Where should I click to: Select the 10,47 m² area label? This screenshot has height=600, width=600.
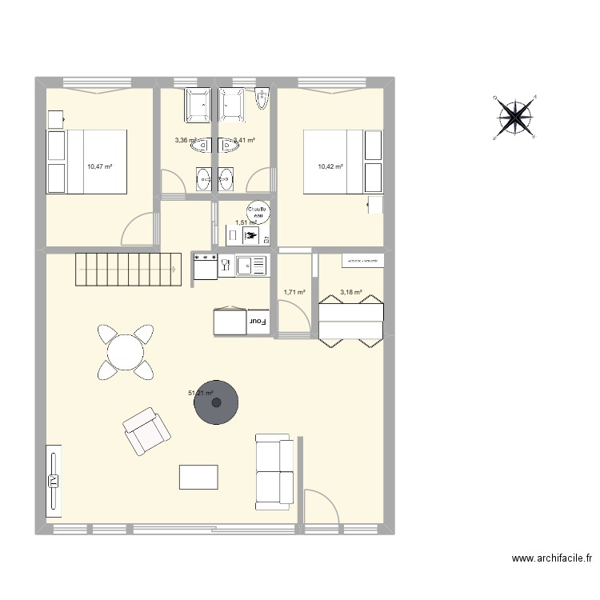(99, 166)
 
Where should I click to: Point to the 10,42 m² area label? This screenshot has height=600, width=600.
(330, 166)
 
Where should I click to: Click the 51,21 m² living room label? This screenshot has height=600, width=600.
(200, 393)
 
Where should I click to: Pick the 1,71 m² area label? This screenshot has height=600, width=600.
(294, 293)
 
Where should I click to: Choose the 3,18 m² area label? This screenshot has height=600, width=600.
(350, 293)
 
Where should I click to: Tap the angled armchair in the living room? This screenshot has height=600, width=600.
(147, 431)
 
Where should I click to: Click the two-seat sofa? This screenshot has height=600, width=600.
(274, 472)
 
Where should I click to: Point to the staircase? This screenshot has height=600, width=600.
(128, 269)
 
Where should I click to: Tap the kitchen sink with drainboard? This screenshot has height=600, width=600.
(252, 265)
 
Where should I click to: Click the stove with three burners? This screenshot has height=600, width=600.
(206, 266)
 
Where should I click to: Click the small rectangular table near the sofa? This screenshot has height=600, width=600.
(198, 477)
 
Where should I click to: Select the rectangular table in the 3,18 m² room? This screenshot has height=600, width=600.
(350, 320)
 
